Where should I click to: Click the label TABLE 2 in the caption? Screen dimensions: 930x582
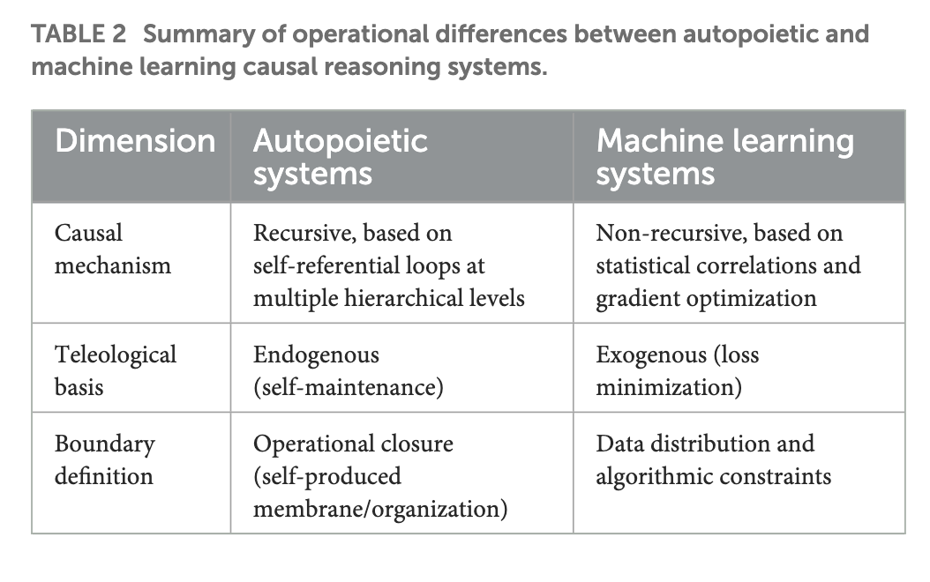tap(79, 34)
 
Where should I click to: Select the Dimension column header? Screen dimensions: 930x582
tap(134, 140)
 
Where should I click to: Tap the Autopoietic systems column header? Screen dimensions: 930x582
tap(340, 156)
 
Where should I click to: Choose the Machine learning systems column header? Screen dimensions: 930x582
tap(724, 156)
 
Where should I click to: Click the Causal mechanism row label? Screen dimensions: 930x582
tap(112, 249)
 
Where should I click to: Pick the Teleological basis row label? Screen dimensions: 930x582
tap(115, 370)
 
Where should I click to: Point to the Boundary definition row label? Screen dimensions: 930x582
tap(104, 459)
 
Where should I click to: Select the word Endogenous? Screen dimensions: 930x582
tap(316, 354)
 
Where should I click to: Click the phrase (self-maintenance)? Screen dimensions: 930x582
tap(348, 386)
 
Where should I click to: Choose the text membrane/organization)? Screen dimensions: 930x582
tap(379, 509)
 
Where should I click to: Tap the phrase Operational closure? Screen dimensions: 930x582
tap(353, 444)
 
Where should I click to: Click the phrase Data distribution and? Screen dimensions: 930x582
tap(704, 444)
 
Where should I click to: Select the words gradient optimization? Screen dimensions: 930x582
tap(706, 298)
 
